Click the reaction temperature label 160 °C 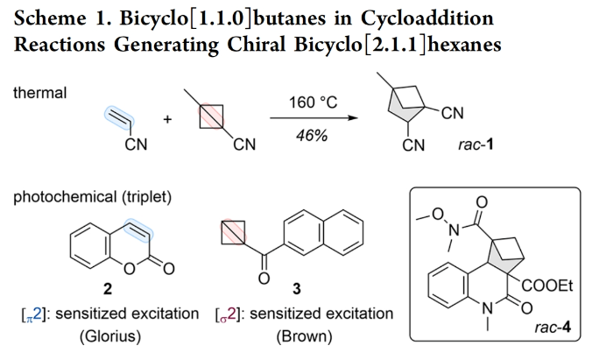click(313, 103)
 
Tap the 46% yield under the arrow click(313, 139)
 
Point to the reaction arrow click(313, 122)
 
